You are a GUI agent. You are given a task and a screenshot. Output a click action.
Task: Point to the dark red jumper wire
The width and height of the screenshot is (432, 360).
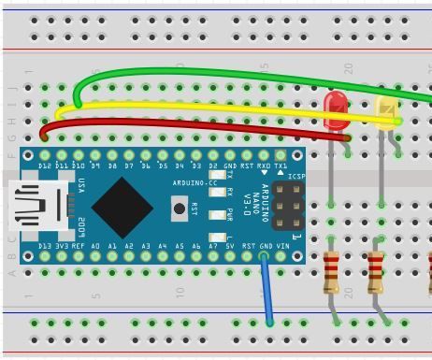point(187,124)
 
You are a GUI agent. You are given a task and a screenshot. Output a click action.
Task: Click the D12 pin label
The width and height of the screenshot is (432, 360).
point(45,166)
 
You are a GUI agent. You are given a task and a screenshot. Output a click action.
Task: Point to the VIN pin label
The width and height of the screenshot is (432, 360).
point(281,246)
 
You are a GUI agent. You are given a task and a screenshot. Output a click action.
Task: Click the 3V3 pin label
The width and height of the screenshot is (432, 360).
point(62,246)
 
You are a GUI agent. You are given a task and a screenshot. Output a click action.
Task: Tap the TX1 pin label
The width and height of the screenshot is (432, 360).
point(281,166)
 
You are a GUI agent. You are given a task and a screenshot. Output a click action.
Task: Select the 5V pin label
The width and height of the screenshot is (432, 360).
point(230,246)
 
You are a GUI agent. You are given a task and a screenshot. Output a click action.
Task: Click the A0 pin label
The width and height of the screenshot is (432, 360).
point(95,246)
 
